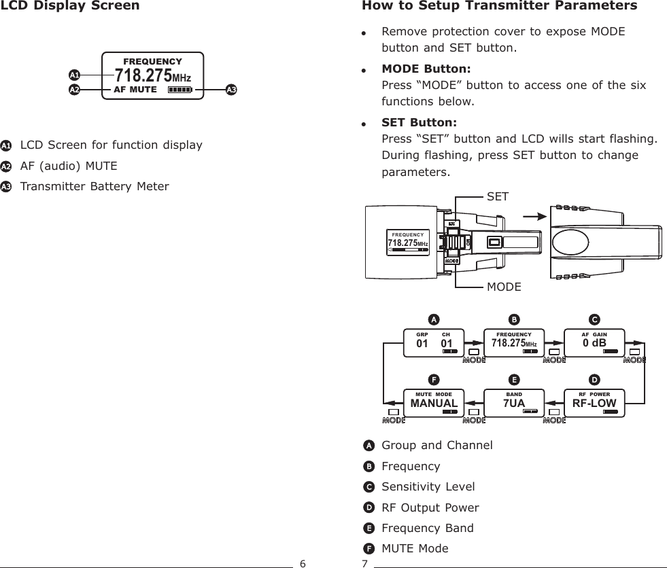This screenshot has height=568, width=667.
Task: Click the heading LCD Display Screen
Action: click(71, 7)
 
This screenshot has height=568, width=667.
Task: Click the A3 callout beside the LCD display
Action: click(231, 89)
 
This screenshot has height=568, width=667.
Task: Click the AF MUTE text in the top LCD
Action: click(135, 89)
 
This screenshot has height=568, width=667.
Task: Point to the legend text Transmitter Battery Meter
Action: click(95, 186)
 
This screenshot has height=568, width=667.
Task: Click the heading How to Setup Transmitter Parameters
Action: click(500, 7)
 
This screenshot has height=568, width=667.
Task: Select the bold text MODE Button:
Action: click(426, 69)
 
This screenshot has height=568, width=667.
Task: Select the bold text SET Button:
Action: click(419, 122)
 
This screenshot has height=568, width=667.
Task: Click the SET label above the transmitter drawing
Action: click(498, 196)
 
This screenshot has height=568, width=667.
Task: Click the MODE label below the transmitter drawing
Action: click(504, 287)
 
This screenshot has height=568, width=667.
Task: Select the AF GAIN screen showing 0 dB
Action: click(595, 342)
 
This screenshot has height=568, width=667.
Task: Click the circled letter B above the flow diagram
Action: click(514, 319)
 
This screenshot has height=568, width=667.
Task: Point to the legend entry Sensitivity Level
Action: click(428, 487)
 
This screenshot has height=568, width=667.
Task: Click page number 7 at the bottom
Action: click(364, 563)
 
